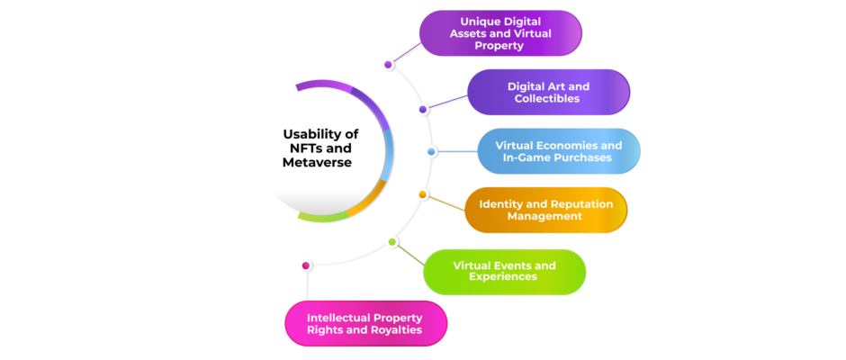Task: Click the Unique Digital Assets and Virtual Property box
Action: [x=500, y=33]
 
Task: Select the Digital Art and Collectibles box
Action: [x=548, y=93]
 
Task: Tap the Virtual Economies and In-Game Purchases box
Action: [x=559, y=151]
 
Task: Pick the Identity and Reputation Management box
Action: [x=546, y=210]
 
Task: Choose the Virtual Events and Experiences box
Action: [x=505, y=272]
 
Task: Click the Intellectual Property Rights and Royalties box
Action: [x=365, y=323]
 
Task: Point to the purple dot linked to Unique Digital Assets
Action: [x=388, y=65]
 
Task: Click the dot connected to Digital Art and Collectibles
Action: [x=423, y=110]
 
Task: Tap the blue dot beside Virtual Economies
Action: [x=431, y=152]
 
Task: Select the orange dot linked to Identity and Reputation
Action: [x=423, y=194]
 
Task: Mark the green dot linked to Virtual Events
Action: [x=392, y=242]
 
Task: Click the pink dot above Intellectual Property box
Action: [x=306, y=265]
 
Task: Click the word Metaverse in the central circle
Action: [x=317, y=163]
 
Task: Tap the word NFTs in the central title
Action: [x=303, y=148]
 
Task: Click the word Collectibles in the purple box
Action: [x=547, y=98]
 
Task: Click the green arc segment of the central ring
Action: [x=324, y=217]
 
